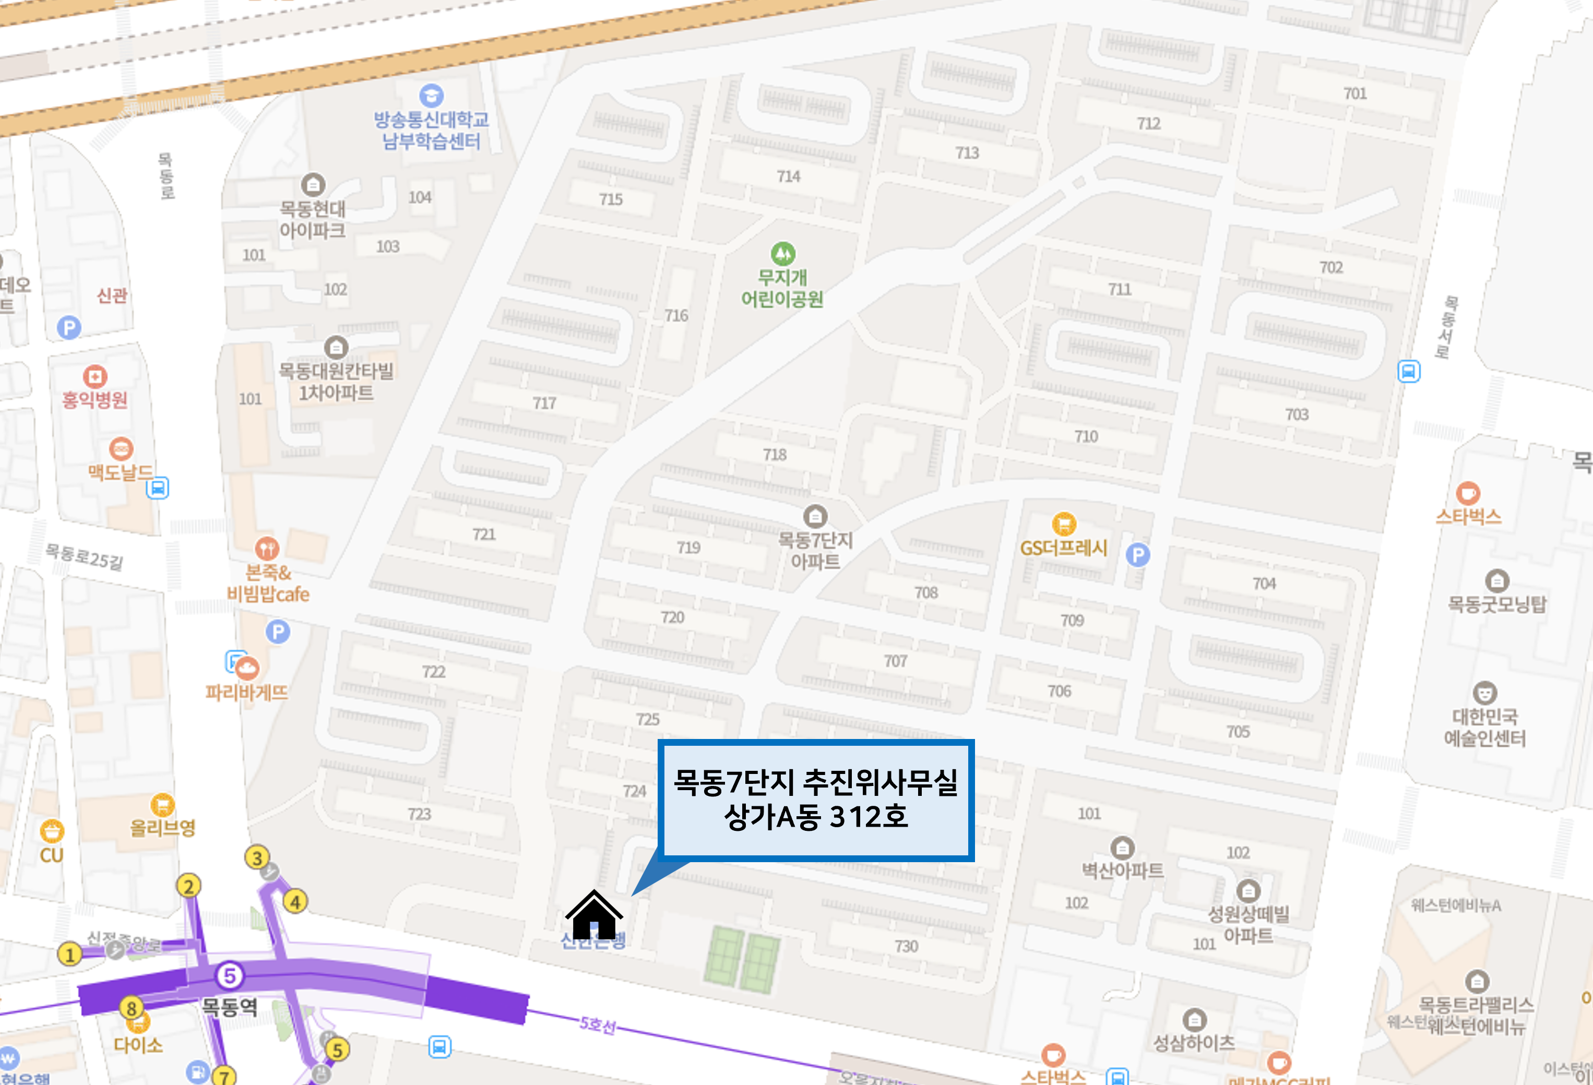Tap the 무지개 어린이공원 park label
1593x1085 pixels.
782,288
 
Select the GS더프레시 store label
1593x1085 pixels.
1063,547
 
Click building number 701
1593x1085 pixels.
1354,93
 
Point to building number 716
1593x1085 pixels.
676,315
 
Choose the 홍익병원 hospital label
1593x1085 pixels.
94,400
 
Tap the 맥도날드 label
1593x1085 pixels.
120,472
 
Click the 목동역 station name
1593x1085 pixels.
229,1006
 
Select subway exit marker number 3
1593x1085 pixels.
257,857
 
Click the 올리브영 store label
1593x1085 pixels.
162,827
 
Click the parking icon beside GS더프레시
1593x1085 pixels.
1138,554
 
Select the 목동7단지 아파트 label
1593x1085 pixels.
815,551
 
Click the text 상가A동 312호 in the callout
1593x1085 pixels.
816,816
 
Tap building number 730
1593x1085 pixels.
906,946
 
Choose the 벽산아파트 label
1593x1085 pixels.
1122,870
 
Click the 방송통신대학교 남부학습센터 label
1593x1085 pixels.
431,130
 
